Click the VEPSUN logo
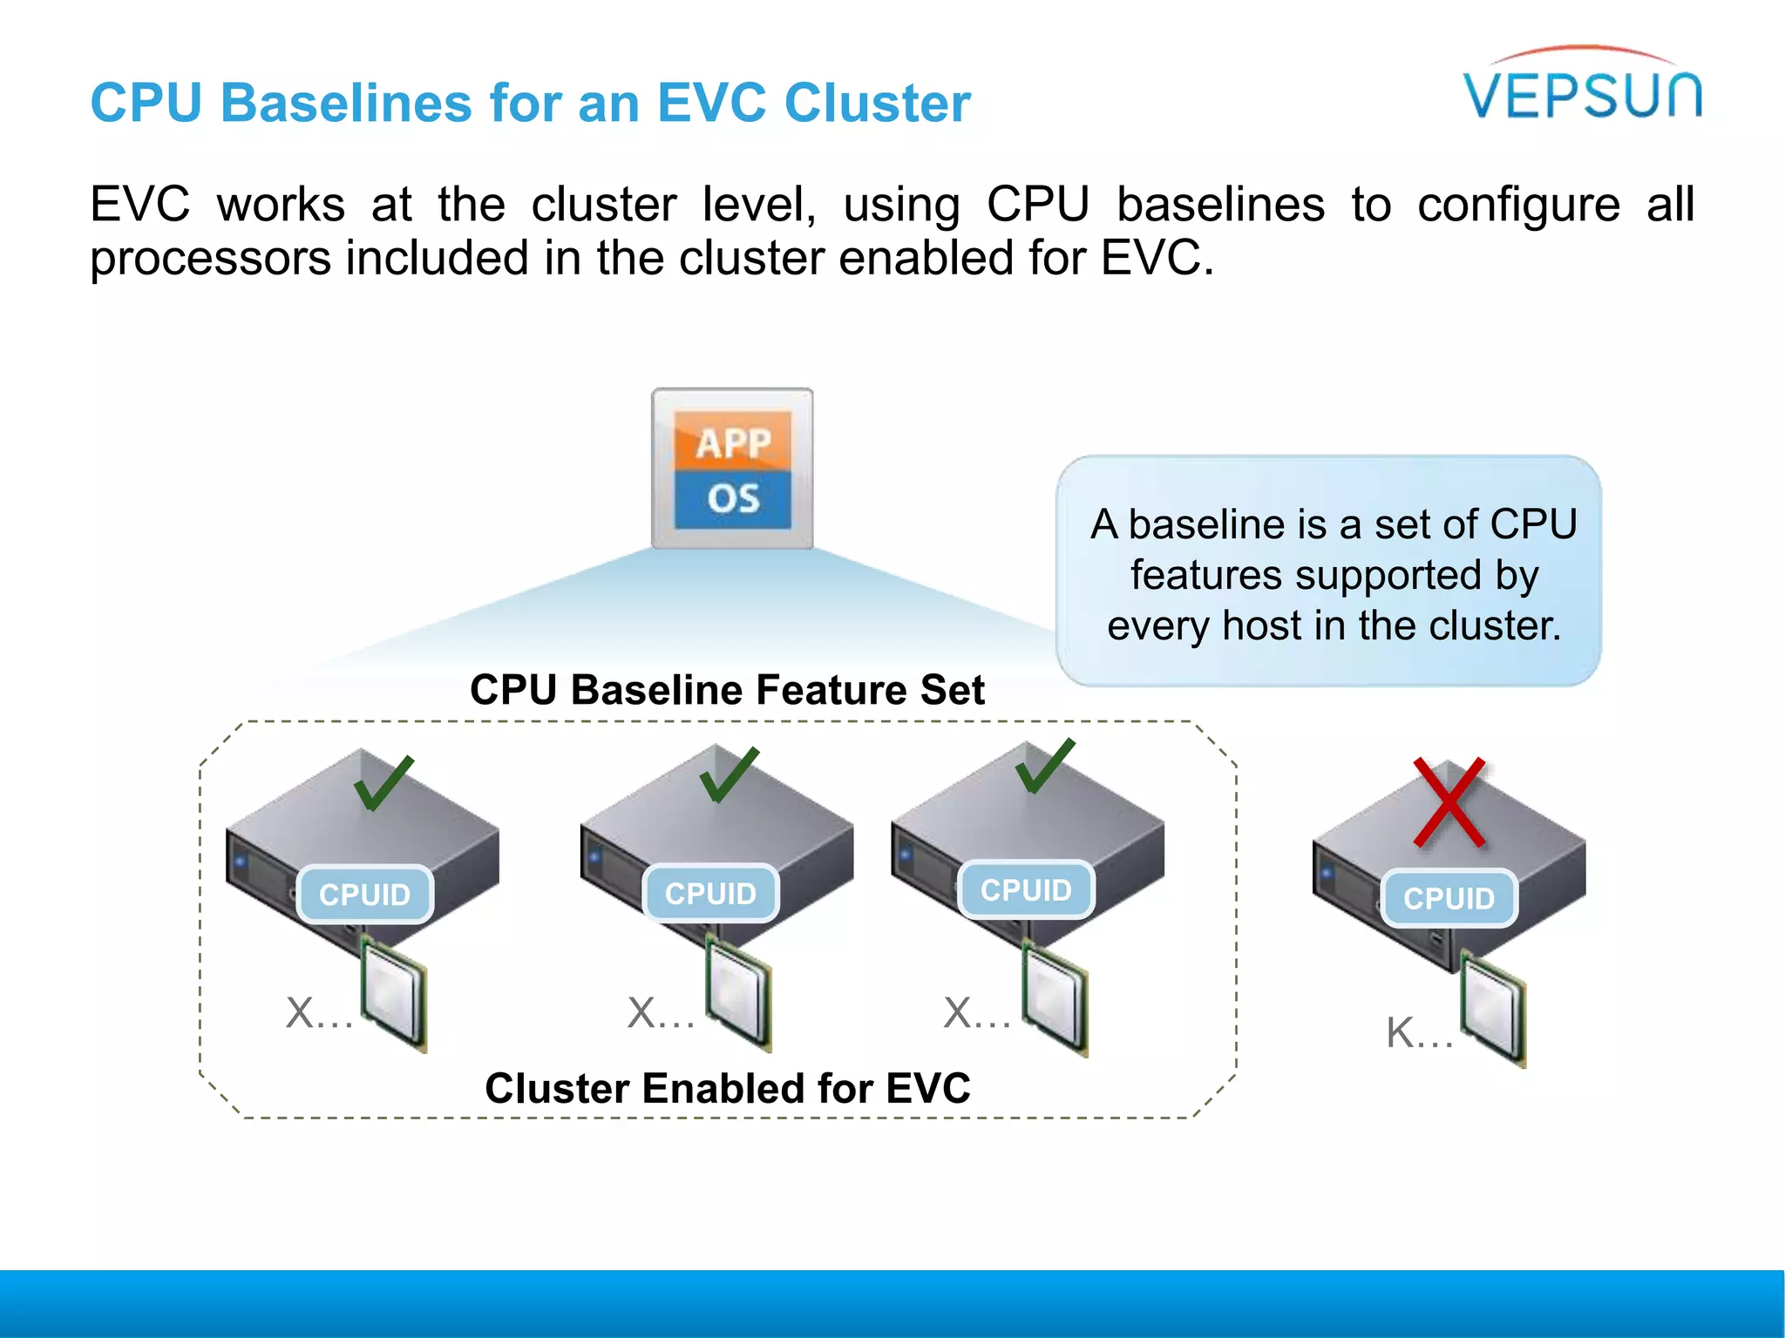click(1582, 91)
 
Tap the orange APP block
click(733, 443)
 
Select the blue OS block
click(733, 499)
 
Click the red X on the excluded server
click(1449, 802)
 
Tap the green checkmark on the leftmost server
click(383, 783)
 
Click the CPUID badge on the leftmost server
click(364, 895)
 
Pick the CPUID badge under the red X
click(1449, 898)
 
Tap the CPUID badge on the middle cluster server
click(710, 894)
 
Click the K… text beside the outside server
click(1419, 1033)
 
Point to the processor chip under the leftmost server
click(394, 993)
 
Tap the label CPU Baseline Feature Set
click(727, 690)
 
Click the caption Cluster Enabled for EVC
click(727, 1089)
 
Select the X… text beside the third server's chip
click(976, 1014)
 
